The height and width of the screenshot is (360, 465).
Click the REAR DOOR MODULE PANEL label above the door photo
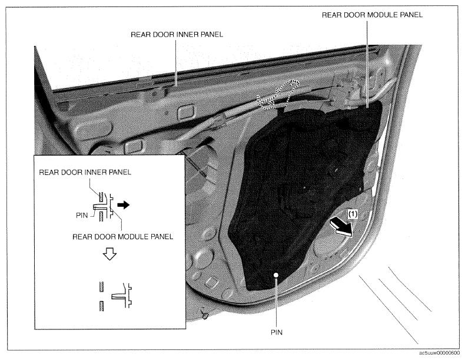[372, 15]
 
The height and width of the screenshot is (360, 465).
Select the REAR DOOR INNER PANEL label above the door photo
[177, 35]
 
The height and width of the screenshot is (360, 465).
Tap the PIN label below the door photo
[277, 332]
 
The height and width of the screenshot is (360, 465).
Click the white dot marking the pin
[276, 275]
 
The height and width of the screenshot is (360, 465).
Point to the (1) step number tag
[353, 214]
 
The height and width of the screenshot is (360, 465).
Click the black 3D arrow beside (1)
[341, 227]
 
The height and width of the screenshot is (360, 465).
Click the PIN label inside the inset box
[82, 215]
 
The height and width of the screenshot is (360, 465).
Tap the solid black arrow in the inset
[124, 204]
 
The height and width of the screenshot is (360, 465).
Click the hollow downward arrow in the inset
[109, 255]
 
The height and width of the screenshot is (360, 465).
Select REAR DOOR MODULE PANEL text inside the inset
[123, 236]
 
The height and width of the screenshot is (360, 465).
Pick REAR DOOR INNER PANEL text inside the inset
[85, 173]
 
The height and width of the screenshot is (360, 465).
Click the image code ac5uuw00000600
[440, 353]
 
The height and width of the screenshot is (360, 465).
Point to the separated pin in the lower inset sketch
[118, 296]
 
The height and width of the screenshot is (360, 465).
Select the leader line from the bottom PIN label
[276, 302]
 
